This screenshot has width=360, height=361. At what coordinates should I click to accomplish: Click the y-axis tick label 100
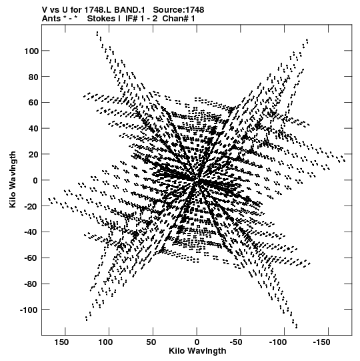(31, 51)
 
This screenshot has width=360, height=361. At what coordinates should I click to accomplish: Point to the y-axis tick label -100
(29, 310)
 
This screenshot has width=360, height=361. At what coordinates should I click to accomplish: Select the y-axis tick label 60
(33, 103)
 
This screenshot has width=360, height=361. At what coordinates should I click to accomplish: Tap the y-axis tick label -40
(31, 232)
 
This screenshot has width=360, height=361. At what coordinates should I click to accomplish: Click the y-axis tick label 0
(35, 180)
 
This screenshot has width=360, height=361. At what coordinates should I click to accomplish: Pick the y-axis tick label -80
(31, 284)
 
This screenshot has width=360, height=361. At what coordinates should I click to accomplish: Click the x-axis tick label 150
(61, 342)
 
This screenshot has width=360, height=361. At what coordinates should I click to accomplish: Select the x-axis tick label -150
(321, 342)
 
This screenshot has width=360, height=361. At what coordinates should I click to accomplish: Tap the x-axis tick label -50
(236, 342)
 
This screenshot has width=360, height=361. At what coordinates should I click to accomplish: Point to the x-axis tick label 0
(197, 342)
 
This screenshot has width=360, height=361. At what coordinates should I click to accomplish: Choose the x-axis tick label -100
(278, 342)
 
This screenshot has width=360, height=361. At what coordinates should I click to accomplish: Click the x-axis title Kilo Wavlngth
(197, 351)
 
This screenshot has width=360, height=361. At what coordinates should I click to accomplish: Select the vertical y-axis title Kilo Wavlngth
(13, 179)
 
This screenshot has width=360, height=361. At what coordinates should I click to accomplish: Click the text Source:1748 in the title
(179, 10)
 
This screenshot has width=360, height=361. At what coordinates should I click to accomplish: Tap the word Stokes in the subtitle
(102, 19)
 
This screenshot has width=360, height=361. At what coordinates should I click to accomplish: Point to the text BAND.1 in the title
(129, 10)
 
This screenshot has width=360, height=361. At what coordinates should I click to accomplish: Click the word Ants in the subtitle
(51, 19)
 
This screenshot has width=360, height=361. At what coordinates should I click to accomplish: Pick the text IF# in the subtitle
(131, 19)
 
